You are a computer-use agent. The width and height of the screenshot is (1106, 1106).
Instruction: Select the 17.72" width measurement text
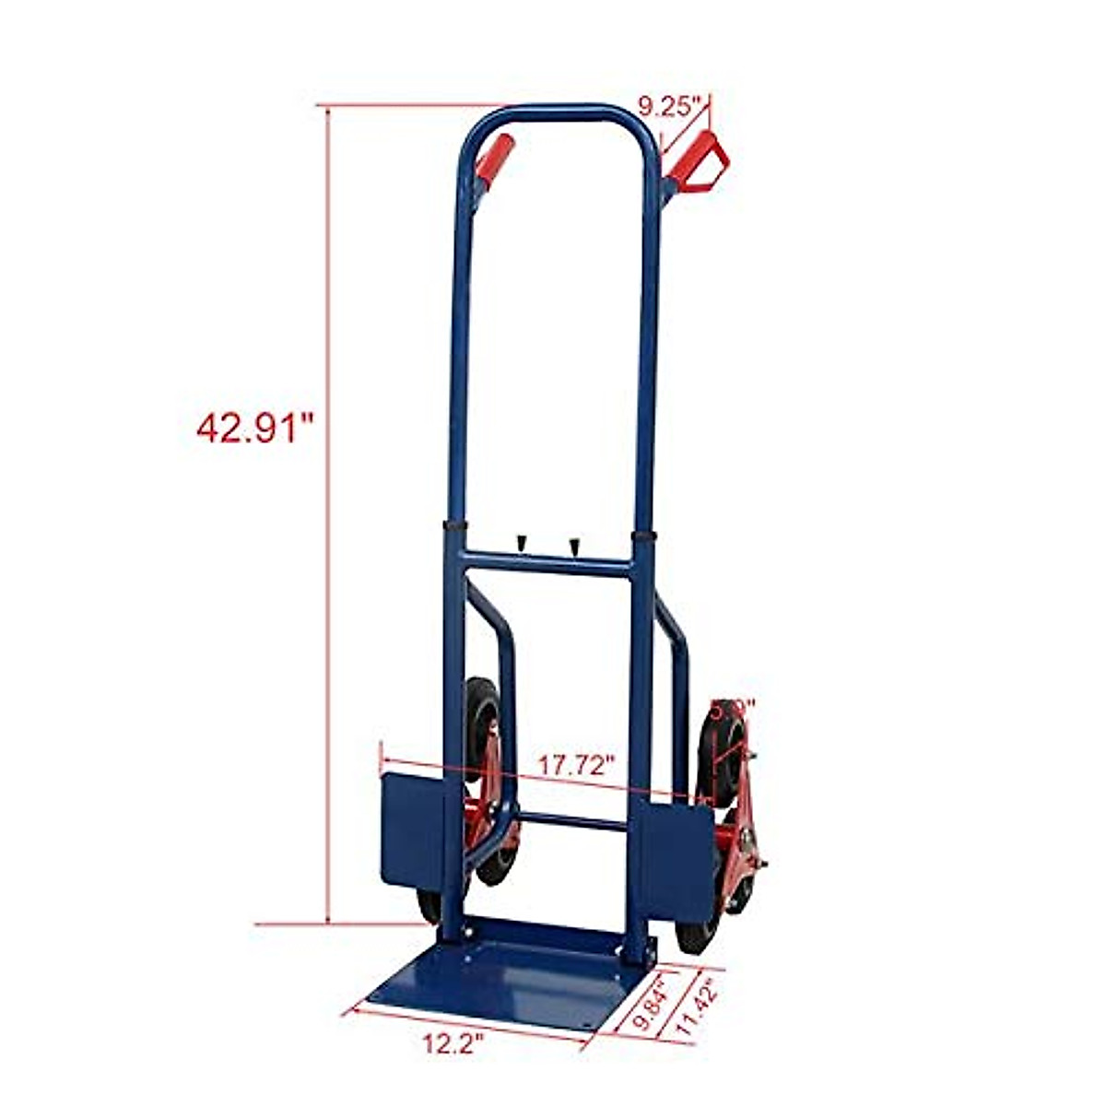coord(577,765)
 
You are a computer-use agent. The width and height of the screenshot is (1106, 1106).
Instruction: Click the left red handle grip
coord(495,159)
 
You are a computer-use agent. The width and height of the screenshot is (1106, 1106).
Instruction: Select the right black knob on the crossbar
coord(574,546)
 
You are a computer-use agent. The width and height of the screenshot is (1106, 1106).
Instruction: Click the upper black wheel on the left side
coord(481,714)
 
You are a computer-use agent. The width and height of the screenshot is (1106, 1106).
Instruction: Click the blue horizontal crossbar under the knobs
coord(547,563)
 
